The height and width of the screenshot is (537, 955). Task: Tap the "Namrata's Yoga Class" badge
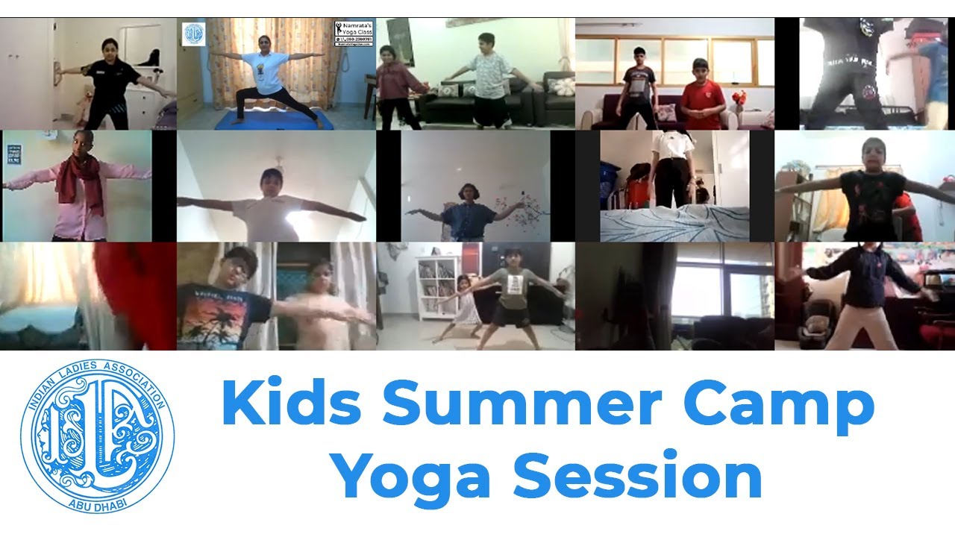point(354,34)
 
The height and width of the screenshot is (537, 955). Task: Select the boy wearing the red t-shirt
point(701,100)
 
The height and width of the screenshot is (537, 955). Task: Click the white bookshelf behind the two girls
point(437,287)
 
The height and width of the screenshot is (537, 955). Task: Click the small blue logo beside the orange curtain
point(193,34)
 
